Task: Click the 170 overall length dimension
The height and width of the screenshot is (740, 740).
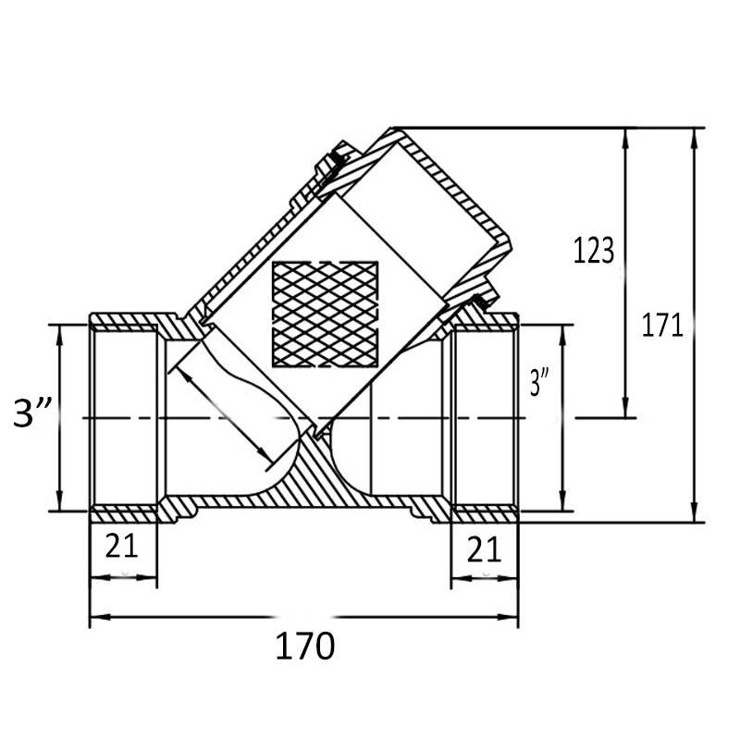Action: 304,646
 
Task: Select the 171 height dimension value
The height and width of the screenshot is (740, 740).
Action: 662,326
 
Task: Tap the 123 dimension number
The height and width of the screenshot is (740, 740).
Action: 593,251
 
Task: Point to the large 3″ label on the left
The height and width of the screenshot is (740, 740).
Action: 36,413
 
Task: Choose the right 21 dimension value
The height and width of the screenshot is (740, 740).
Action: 484,549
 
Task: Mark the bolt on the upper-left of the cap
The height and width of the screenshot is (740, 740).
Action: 329,164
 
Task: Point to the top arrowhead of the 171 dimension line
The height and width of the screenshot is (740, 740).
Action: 693,134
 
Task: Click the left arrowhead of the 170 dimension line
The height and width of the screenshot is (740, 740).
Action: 95,615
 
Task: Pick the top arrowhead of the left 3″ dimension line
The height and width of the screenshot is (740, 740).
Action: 60,331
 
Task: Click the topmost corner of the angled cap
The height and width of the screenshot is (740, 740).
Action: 392,128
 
